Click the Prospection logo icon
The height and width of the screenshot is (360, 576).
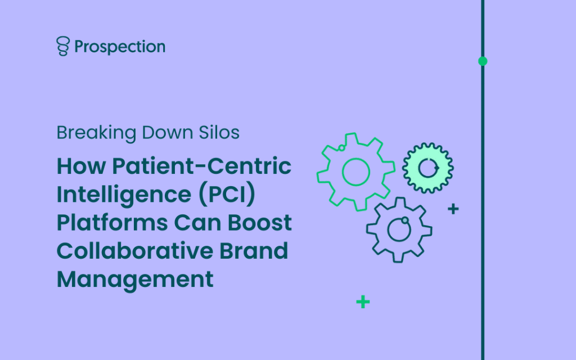(63, 46)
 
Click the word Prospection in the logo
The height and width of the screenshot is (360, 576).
(120, 47)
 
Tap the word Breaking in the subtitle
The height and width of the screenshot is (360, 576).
(96, 133)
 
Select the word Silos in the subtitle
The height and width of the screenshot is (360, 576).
(219, 133)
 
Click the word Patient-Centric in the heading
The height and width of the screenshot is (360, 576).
(202, 166)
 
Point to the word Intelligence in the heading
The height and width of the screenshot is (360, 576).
(124, 195)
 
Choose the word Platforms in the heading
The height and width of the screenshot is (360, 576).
(112, 223)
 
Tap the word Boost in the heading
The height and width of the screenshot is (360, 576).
(259, 223)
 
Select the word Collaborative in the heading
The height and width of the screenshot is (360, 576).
(135, 250)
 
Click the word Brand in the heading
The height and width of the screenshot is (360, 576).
(254, 250)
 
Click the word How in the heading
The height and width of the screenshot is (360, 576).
(81, 166)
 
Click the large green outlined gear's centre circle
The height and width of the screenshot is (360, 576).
(356, 159)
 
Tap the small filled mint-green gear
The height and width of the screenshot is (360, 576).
(428, 168)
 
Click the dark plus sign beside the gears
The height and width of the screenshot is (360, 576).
(453, 209)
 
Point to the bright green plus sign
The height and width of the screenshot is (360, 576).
(363, 302)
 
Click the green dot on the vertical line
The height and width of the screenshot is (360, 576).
(483, 61)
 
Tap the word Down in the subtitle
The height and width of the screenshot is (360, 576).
(168, 133)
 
